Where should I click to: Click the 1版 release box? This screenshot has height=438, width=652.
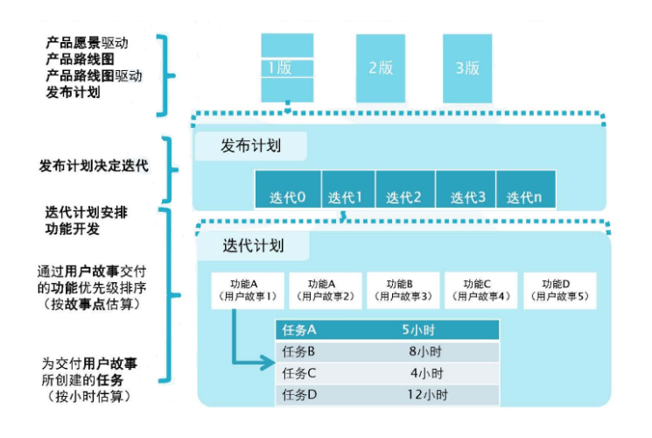286,67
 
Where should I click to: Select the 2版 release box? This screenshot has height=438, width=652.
380,67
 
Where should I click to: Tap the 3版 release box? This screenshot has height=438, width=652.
466,67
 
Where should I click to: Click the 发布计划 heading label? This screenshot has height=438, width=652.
251,145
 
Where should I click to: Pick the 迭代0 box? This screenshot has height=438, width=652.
288,197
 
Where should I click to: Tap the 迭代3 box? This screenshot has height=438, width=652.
467,197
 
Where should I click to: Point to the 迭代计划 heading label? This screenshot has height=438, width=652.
254,245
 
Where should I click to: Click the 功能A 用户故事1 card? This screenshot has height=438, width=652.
244,290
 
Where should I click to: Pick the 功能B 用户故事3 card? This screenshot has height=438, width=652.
402,290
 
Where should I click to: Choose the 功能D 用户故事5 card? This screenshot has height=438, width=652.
557,290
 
